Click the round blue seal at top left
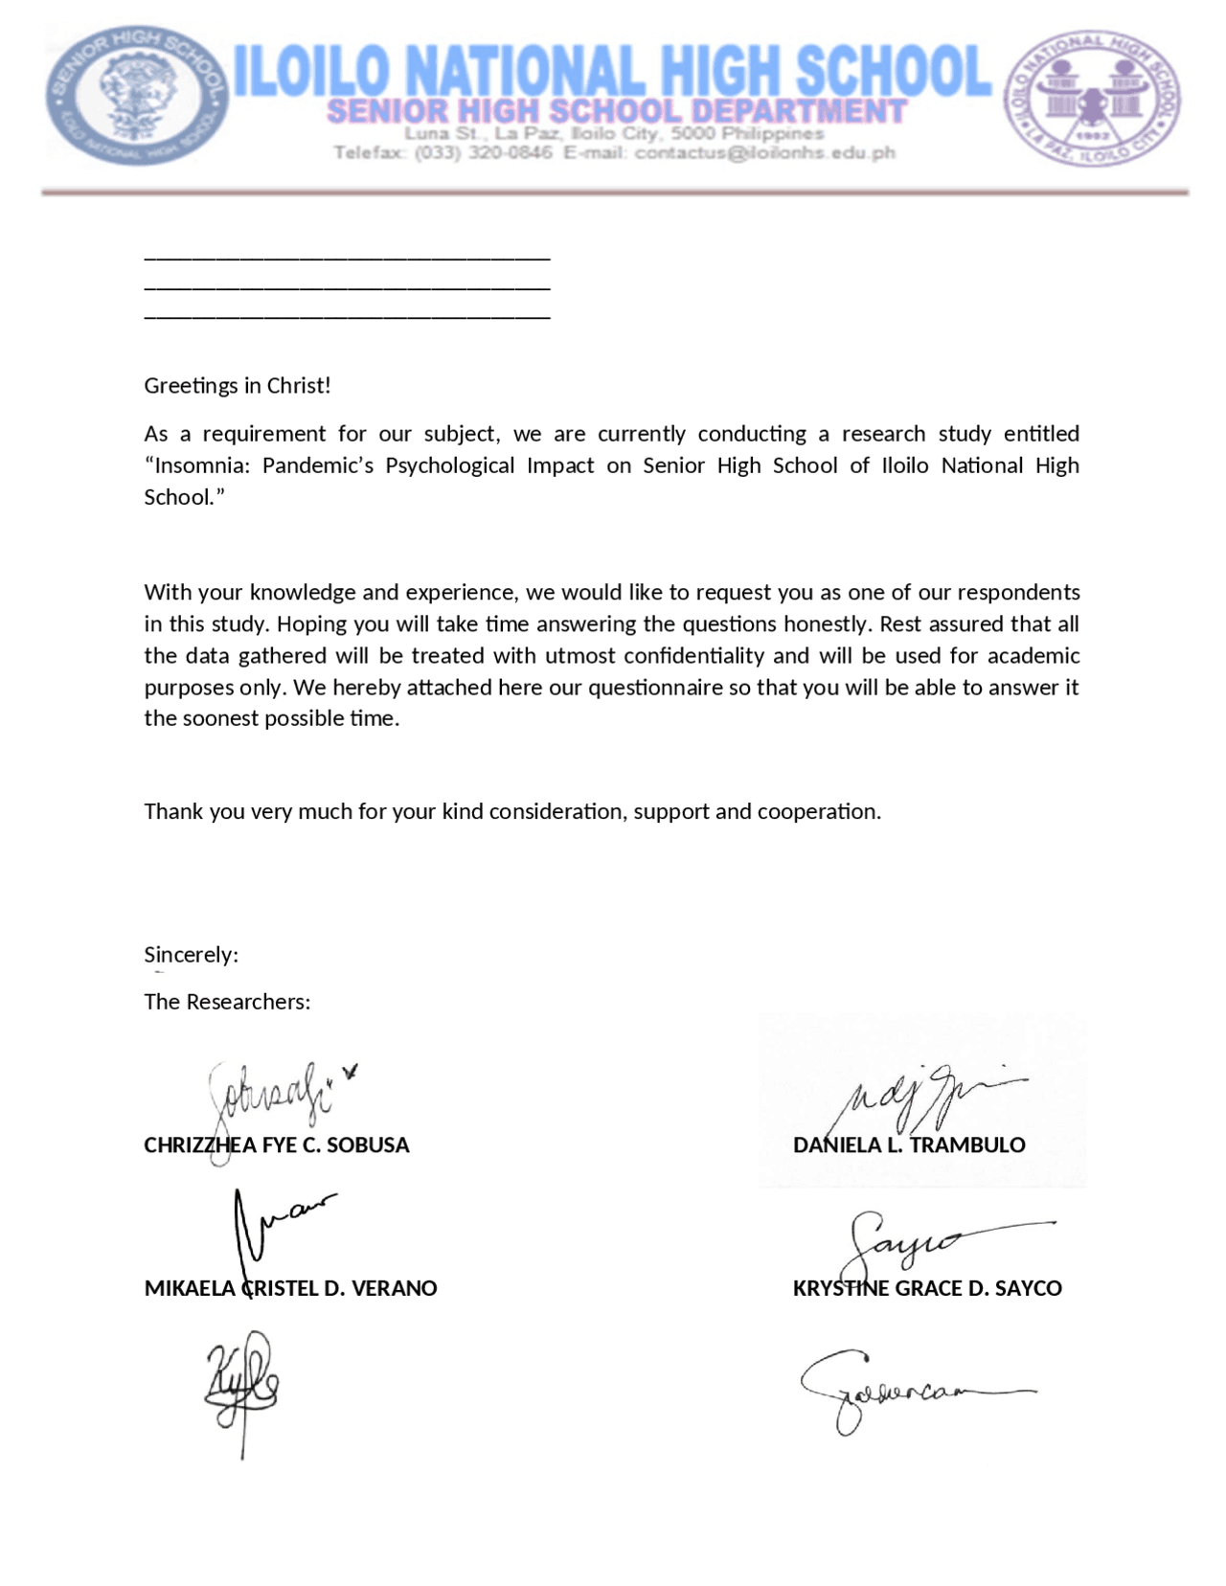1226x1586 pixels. [x=137, y=96]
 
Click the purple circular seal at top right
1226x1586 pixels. [x=1092, y=98]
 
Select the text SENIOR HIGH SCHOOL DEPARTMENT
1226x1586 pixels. [x=616, y=111]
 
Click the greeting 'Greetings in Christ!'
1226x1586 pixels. [x=238, y=386]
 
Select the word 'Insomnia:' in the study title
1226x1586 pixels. [x=201, y=465]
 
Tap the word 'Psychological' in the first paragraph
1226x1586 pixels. [x=449, y=465]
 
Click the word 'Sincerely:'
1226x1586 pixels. [x=191, y=955]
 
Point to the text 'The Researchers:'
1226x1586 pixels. [x=227, y=1002]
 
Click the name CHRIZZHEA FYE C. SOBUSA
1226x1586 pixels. [x=276, y=1145]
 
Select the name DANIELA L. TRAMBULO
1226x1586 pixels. [x=909, y=1145]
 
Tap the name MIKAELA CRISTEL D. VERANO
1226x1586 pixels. [x=290, y=1289]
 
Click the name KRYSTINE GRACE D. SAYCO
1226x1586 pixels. [x=927, y=1289]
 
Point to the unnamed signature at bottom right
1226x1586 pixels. [x=910, y=1392]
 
